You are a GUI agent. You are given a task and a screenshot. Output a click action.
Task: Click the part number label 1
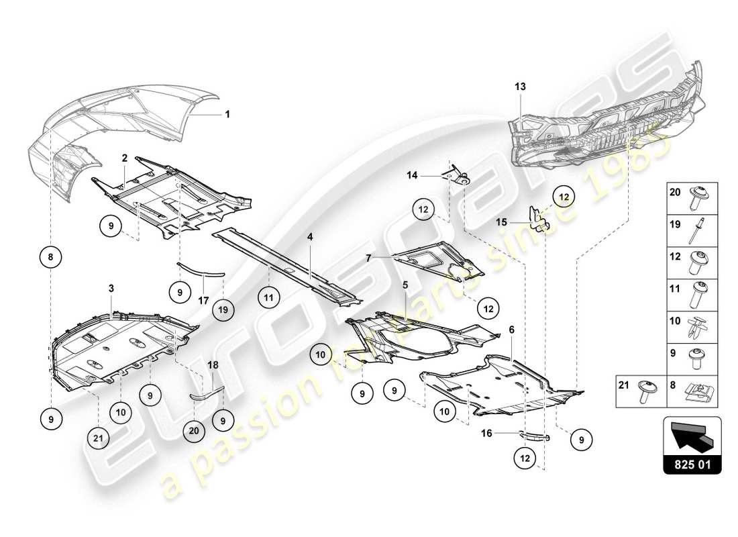[227, 114]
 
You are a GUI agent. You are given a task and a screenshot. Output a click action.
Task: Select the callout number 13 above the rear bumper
[521, 87]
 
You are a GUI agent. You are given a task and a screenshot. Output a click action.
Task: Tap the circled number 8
[51, 256]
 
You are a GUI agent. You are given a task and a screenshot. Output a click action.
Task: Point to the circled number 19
[223, 310]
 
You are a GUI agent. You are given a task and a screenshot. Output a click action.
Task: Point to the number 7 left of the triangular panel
[368, 256]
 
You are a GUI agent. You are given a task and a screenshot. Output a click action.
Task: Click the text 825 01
[692, 463]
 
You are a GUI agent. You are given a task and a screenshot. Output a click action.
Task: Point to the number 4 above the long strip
[311, 237]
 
